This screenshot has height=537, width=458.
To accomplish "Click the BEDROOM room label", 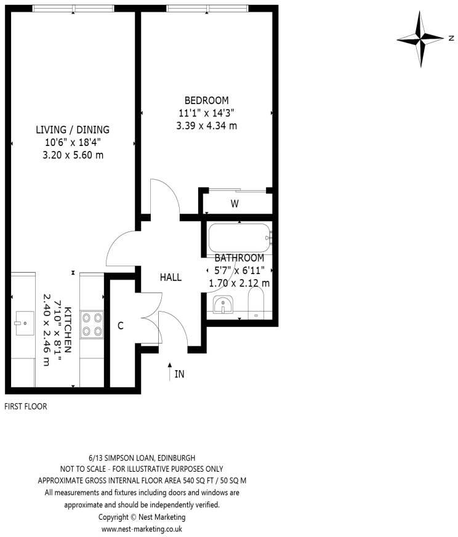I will click(207, 100).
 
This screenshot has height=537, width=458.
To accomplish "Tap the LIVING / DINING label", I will click(73, 130).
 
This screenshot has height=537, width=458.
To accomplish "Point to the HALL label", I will click(171, 278).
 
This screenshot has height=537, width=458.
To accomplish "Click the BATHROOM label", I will click(239, 258).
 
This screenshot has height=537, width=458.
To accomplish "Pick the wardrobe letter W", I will click(235, 204).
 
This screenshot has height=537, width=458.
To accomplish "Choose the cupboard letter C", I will click(121, 326).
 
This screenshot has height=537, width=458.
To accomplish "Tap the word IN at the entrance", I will click(179, 374).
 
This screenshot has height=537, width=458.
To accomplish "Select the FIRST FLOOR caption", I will click(25, 406).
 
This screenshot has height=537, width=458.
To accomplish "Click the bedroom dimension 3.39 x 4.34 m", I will click(206, 126).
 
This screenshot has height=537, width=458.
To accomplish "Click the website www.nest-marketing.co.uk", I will click(142, 529).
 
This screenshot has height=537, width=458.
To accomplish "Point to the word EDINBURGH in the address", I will click(177, 458).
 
